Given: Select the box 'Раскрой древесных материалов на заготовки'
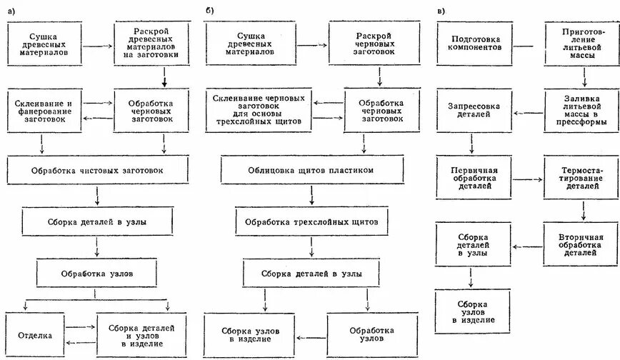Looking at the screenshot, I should pyautogui.click(x=151, y=43).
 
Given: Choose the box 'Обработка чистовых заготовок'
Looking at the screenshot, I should pyautogui.click(x=98, y=171).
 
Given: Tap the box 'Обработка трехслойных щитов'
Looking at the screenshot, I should pyautogui.click(x=311, y=222).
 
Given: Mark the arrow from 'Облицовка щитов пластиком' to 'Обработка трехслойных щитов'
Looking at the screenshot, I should pyautogui.click(x=311, y=196).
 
